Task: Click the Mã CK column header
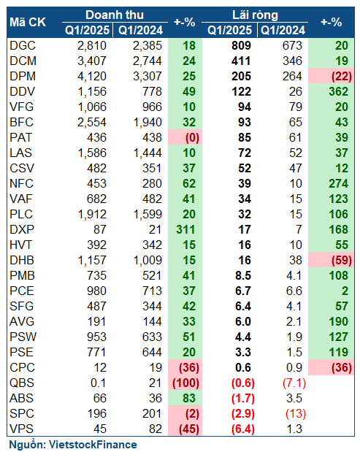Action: pos(28,22)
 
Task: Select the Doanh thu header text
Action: pos(115,15)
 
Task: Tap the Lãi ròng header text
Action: pos(255,15)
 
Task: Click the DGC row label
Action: pos(23,45)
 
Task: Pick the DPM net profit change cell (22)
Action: pos(342,77)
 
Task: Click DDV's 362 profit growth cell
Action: pos(339,92)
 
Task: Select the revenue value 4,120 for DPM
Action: pos(92,77)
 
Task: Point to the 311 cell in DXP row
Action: pos(186,230)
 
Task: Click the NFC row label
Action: pos(22,183)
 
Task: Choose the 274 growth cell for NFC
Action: pos(339,183)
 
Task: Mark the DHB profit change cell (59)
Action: pos(342,261)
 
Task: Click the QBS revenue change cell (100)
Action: pos(186,383)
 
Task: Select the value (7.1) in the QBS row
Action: pos(294,383)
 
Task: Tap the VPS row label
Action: pos(22,429)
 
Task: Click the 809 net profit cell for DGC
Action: pos(241,45)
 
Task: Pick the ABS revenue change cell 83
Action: pos(189,399)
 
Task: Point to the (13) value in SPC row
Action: pos(296,413)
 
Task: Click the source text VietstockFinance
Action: pos(93,445)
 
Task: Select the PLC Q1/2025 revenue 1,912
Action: pos(92,215)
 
